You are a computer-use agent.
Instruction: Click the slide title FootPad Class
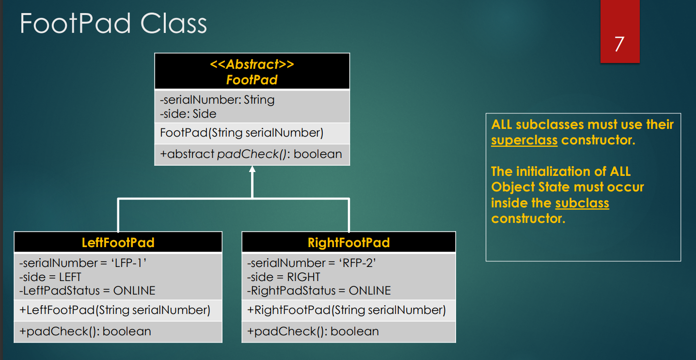tap(113, 24)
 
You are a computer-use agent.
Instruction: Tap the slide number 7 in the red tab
tap(619, 44)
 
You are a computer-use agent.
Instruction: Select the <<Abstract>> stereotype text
tap(252, 64)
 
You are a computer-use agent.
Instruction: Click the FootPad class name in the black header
tap(252, 79)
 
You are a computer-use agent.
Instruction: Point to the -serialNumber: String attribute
tap(217, 100)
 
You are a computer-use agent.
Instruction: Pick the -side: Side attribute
tap(188, 114)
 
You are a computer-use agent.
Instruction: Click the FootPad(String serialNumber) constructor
tap(241, 133)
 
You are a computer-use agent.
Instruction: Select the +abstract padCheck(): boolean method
tap(251, 154)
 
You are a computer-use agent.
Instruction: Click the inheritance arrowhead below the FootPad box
tap(252, 169)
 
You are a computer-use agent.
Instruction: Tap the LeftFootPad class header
tap(118, 242)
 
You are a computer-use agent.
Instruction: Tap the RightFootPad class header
tap(348, 242)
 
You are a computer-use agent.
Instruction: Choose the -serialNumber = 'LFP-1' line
tap(83, 263)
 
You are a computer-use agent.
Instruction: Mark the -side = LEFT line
tap(50, 277)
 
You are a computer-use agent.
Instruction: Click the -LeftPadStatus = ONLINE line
tap(87, 291)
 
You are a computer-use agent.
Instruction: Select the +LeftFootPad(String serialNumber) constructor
tap(115, 310)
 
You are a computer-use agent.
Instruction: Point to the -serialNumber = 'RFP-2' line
tap(312, 263)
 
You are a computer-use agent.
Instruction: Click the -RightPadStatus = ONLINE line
tap(318, 291)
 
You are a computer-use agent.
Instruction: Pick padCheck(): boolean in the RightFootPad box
tap(313, 331)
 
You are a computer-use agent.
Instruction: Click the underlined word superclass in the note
tap(524, 141)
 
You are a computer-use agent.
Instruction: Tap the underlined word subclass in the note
tap(582, 203)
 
